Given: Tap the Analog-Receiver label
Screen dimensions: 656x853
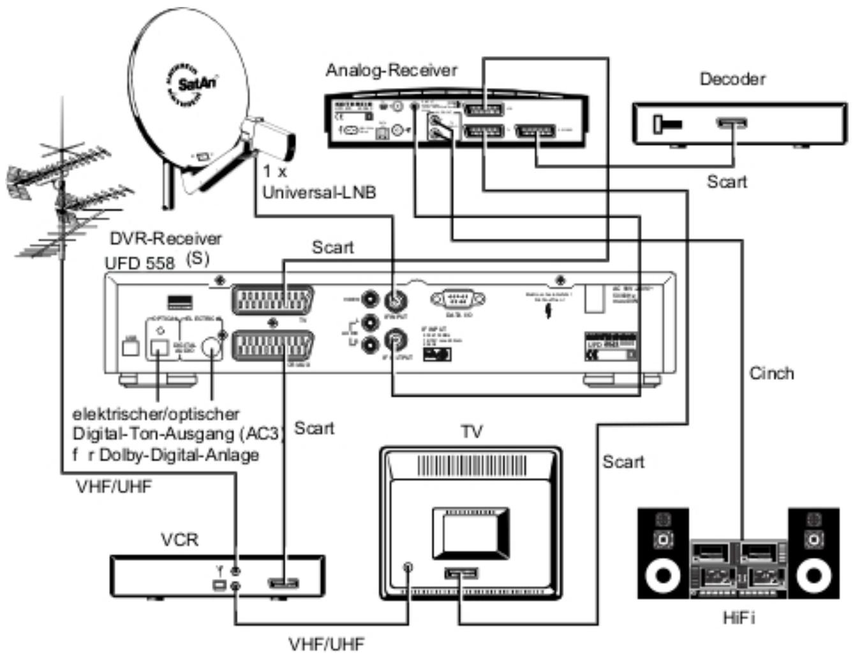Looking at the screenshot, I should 391,69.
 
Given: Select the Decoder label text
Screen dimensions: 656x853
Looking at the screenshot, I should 732,79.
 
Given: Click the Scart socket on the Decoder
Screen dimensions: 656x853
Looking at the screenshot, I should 731,123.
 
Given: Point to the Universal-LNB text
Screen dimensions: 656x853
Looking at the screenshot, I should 319,192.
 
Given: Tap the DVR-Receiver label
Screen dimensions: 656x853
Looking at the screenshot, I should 165,238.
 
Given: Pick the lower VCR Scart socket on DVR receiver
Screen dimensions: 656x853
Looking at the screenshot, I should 273,347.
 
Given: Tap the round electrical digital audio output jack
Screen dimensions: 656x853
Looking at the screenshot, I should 210,347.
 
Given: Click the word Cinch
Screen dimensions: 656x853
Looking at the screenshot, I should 771,373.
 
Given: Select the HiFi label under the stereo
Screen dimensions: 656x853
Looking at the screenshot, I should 739,617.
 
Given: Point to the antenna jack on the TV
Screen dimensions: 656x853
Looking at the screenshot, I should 408,565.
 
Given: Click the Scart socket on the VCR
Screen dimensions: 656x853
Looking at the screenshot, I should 283,582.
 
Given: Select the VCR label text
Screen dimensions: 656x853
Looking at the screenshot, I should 179,539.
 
